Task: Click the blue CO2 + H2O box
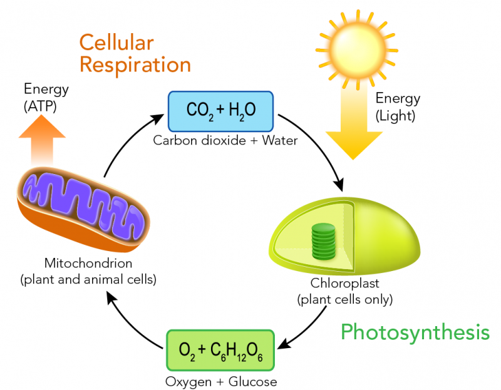tap(221, 110)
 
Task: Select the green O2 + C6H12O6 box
tap(220, 349)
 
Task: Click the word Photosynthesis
tap(415, 332)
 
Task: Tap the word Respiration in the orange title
tap(135, 64)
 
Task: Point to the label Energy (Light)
tap(398, 106)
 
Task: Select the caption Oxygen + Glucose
tap(220, 381)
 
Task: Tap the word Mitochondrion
tap(88, 263)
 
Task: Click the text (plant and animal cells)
tap(88, 279)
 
